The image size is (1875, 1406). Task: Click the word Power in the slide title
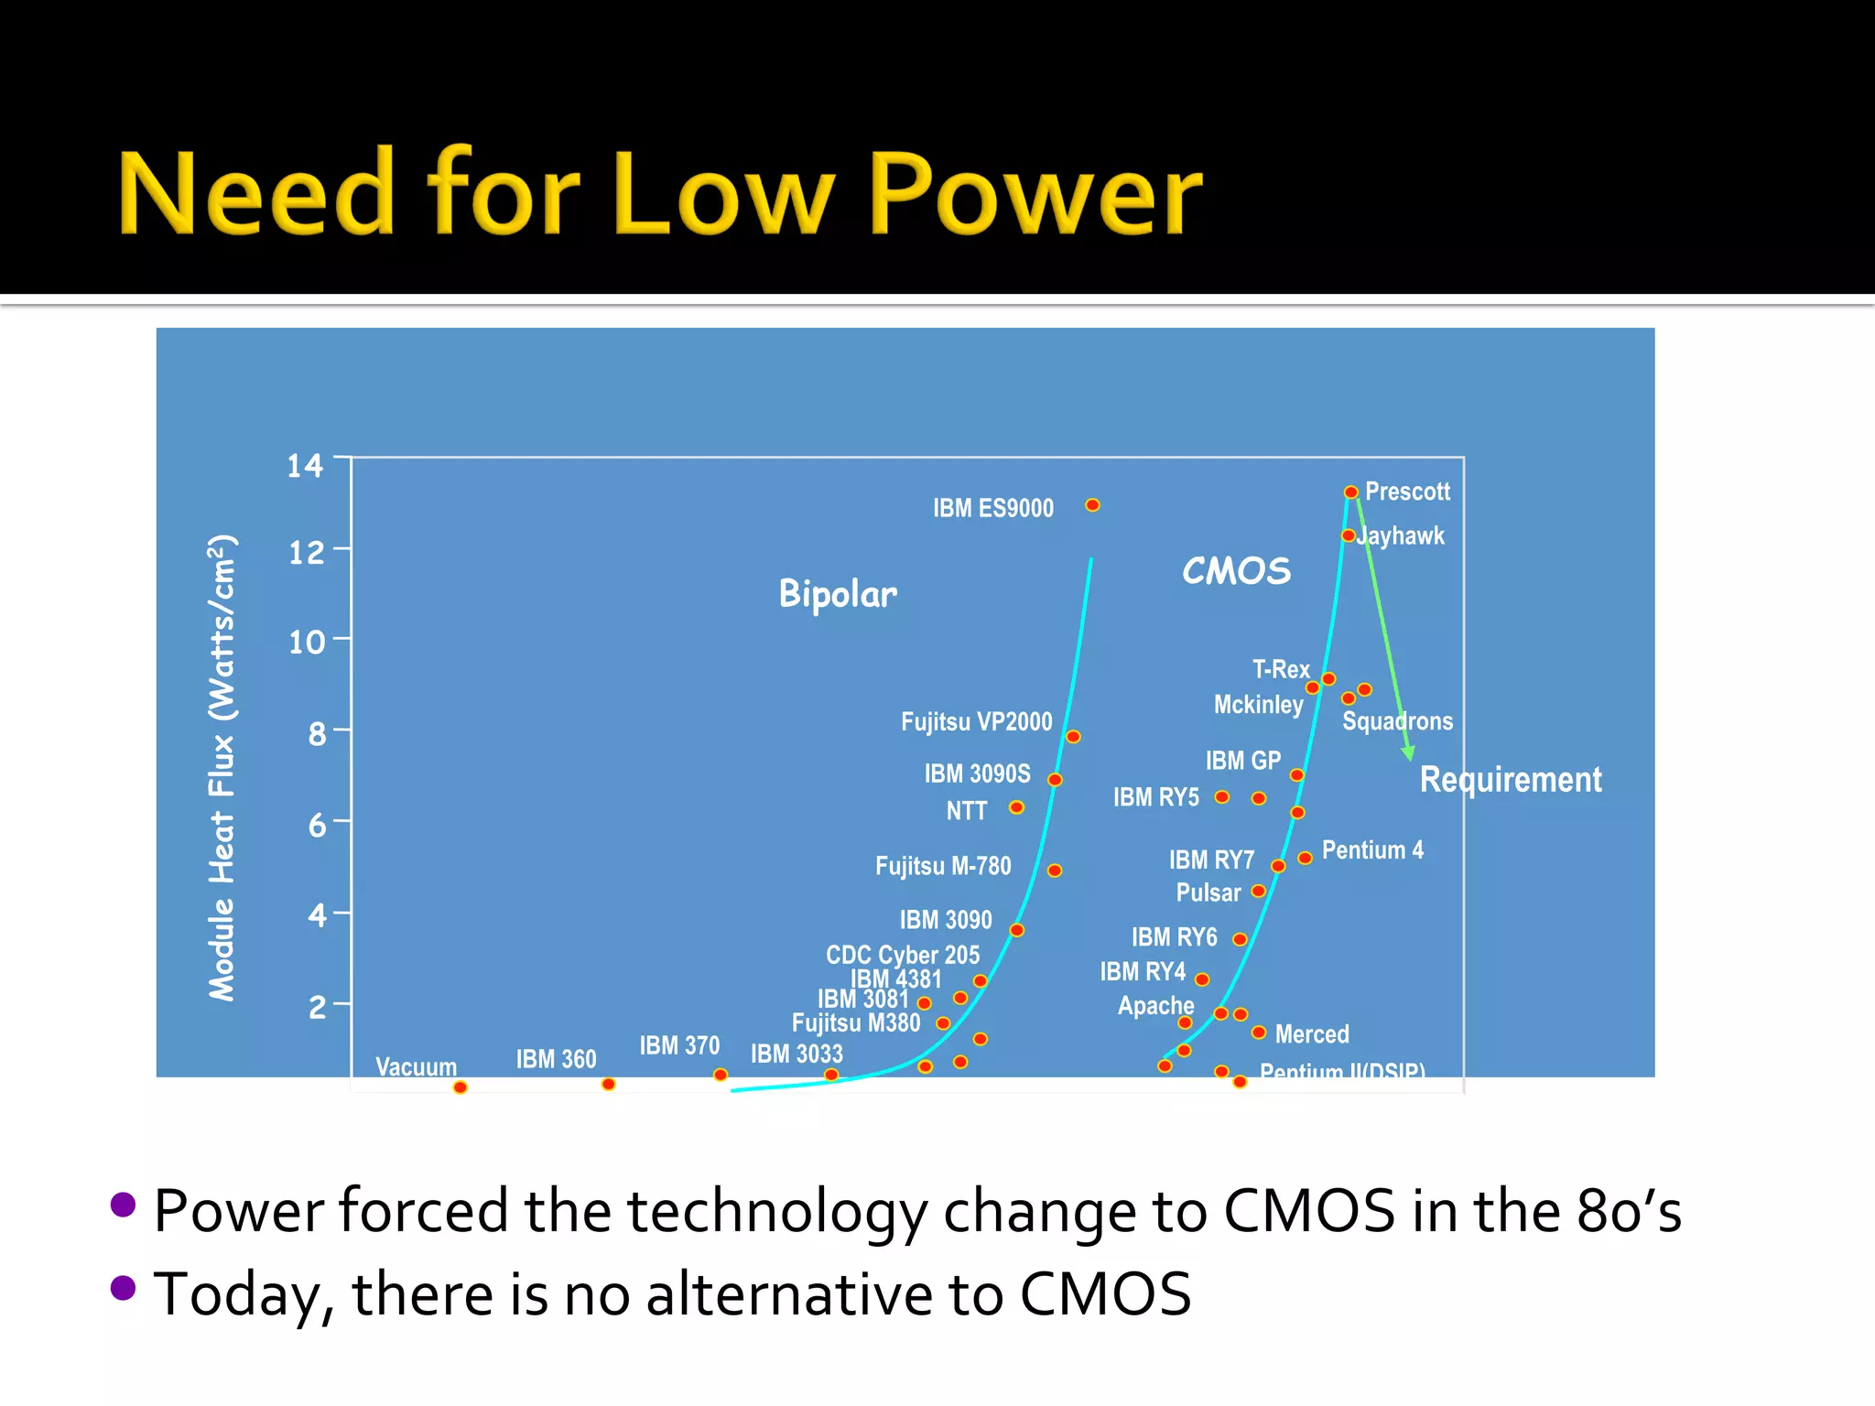point(1035,194)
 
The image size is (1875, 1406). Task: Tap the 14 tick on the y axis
point(305,466)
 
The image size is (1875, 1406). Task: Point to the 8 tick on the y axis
point(317,733)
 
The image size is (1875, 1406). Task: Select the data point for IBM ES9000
point(1092,505)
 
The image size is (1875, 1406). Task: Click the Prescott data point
point(1350,492)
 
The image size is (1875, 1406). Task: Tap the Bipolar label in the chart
point(838,594)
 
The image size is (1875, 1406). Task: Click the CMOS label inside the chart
point(1236,571)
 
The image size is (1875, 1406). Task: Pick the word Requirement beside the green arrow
point(1510,780)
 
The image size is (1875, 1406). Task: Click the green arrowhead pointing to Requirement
point(1408,753)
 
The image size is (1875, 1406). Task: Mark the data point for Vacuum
point(461,1087)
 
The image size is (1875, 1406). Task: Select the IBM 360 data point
point(608,1085)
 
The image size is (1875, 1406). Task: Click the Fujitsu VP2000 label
point(976,722)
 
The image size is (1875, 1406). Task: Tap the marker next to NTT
point(1016,807)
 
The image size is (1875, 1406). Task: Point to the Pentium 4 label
point(1372,850)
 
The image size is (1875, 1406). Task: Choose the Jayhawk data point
point(1348,535)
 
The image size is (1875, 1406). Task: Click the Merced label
point(1312,1034)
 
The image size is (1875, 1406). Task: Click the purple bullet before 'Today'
point(123,1288)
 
